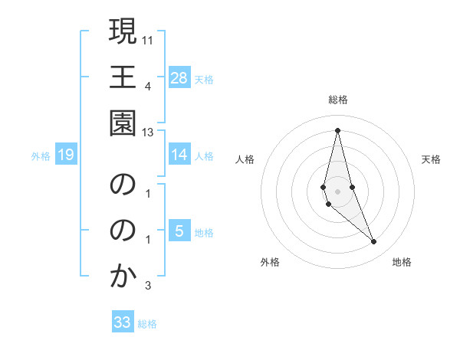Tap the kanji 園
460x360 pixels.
[123, 124]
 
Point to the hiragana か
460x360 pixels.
[123, 277]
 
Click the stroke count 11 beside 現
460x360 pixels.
[148, 38]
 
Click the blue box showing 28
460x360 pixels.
[179, 77]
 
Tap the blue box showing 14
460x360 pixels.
[179, 155]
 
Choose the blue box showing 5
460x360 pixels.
[179, 231]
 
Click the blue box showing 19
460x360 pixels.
[65, 155]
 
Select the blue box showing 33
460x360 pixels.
[123, 322]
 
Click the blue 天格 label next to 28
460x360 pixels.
[204, 79]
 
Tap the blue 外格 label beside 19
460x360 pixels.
[41, 156]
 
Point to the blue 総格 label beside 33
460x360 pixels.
[147, 324]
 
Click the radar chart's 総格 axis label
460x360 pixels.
[338, 100]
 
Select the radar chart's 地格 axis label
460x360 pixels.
[402, 262]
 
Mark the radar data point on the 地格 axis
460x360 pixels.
[374, 242]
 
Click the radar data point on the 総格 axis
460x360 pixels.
[338, 129]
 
